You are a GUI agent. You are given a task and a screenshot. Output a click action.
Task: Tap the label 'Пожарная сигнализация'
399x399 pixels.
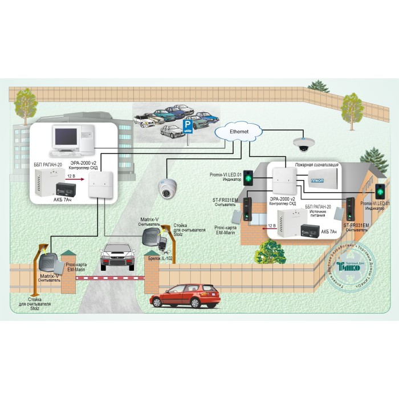click(x=316, y=165)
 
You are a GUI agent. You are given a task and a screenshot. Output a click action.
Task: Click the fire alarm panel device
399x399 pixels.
click(x=323, y=178)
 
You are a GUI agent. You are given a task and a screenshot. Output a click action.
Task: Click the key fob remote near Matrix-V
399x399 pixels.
click(x=163, y=244)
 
